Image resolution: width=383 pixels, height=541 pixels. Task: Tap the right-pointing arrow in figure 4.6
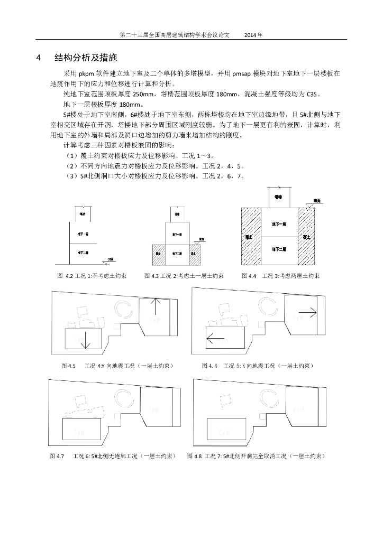click(x=307, y=313)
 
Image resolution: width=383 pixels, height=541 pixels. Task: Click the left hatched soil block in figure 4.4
click(x=251, y=236)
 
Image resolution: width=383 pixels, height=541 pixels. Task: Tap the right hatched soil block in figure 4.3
click(x=194, y=254)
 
